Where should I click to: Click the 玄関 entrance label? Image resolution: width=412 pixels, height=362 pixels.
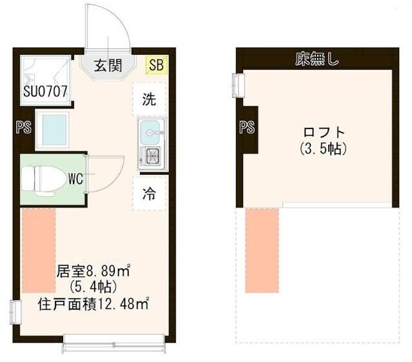[108, 65]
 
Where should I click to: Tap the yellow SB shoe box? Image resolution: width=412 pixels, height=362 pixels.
[155, 65]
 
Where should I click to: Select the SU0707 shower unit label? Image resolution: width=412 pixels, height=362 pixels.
[46, 92]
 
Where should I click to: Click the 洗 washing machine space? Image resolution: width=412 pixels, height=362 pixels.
[149, 100]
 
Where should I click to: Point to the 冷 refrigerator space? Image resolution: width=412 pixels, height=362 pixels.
[149, 193]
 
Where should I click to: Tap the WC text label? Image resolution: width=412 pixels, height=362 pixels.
[76, 178]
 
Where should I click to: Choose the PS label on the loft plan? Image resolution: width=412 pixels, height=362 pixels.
[247, 127]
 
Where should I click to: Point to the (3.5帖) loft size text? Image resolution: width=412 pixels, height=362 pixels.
[323, 149]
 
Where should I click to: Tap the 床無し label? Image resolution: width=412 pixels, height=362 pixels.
[317, 61]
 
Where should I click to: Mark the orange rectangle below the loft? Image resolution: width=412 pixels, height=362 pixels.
[262, 250]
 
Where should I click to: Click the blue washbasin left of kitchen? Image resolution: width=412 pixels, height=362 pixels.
[52, 128]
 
